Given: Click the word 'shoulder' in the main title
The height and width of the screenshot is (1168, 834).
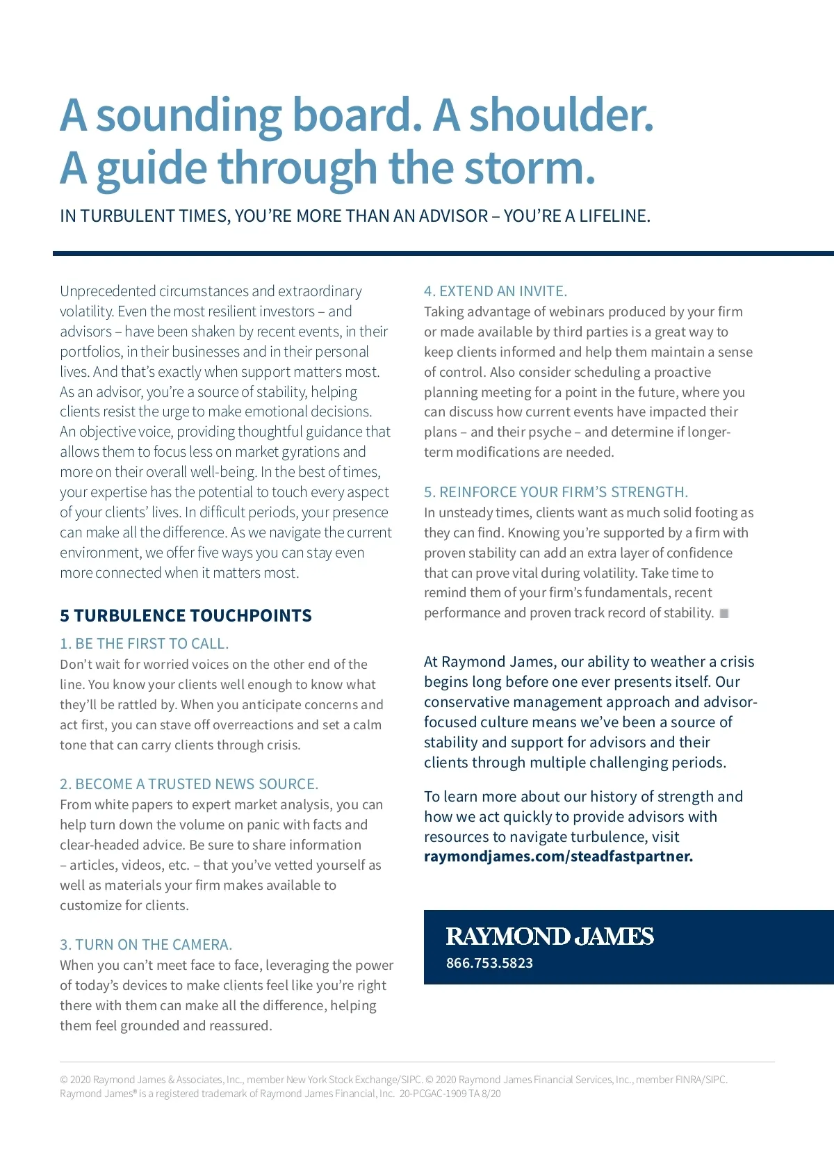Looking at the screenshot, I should click(x=561, y=115).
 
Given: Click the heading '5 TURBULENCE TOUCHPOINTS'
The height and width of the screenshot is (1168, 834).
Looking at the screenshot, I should click(x=186, y=616).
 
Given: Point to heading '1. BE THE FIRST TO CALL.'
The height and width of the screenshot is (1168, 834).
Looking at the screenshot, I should click(x=144, y=644).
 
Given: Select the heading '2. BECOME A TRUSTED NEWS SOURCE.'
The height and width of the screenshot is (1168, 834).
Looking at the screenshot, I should click(x=189, y=784).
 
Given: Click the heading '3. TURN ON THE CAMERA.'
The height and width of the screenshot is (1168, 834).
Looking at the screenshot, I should click(x=146, y=945).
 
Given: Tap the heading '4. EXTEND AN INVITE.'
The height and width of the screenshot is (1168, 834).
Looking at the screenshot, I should click(x=496, y=291).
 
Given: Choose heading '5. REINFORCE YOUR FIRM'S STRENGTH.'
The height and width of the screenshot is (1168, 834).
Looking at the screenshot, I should click(x=556, y=492).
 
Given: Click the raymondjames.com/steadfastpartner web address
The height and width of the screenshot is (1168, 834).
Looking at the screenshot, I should click(x=558, y=857).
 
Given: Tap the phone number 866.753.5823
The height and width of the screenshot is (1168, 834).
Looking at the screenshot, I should click(x=489, y=964).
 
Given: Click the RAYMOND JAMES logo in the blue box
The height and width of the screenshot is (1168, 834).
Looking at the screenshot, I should click(x=549, y=936).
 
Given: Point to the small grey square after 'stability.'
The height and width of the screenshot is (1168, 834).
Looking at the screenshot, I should click(x=724, y=613).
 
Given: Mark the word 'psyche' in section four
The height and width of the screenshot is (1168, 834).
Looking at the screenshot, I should click(x=550, y=432).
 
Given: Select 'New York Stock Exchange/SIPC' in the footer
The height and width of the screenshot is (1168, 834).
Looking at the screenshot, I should click(x=354, y=1080).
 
